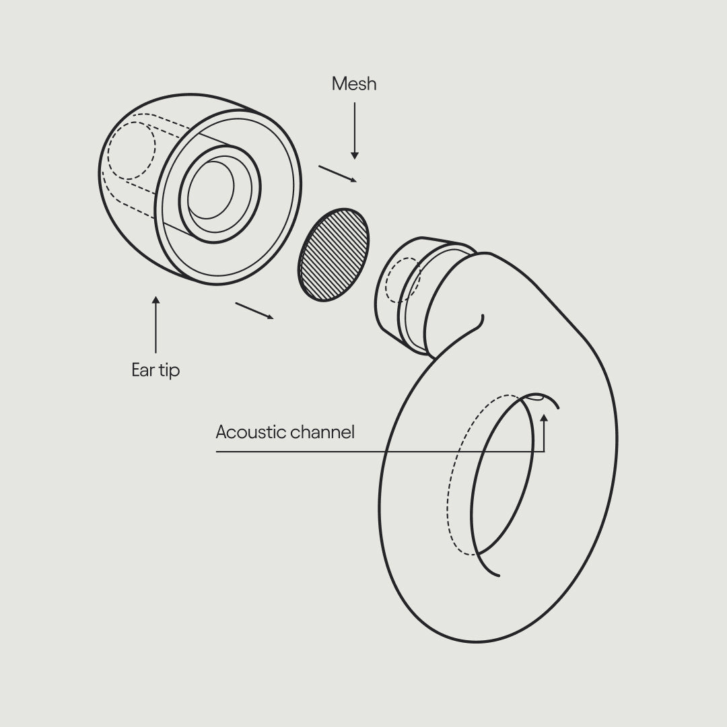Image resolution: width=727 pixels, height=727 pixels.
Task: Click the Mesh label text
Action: click(x=354, y=84)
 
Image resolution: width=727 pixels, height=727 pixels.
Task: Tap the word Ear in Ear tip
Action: click(x=142, y=370)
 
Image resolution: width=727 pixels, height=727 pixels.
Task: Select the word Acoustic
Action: click(x=250, y=432)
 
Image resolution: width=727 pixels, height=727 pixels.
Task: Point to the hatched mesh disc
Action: click(x=333, y=254)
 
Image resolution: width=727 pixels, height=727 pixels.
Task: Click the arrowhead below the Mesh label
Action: click(x=355, y=155)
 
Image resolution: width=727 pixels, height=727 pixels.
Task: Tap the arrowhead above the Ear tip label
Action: click(x=155, y=300)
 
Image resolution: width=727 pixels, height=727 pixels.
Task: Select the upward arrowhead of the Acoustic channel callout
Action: click(x=544, y=418)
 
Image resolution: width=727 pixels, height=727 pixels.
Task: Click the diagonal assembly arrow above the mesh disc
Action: click(x=337, y=174)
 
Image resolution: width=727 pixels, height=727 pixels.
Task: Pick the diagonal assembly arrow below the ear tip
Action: click(x=254, y=310)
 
